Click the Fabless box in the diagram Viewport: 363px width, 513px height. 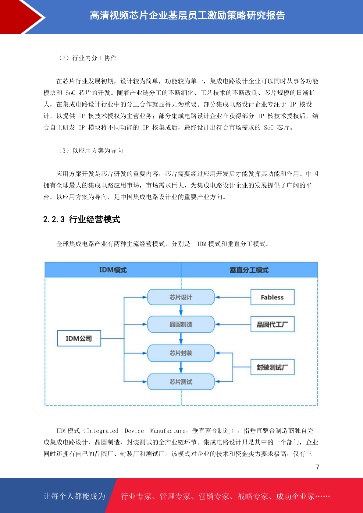click(272, 297)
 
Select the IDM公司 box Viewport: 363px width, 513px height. click(79, 338)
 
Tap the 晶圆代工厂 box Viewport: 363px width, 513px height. click(272, 324)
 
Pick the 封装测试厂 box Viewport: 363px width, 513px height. click(272, 367)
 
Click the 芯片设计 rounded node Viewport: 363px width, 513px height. click(181, 297)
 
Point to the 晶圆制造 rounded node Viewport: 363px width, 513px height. click(181, 324)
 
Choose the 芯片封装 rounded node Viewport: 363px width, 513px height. click(181, 353)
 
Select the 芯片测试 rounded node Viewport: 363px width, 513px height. click(181, 381)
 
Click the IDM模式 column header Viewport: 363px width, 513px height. click(113, 270)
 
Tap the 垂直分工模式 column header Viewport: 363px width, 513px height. click(249, 270)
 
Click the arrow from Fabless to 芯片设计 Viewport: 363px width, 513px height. click(233, 297)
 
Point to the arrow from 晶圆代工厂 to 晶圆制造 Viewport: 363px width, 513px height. click(233, 324)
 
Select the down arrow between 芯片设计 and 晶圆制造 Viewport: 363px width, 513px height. click(181, 310)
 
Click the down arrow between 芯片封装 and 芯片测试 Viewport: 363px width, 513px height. click(181, 368)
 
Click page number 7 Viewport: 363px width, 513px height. click(317, 468)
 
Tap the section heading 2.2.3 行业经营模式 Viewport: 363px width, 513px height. click(82, 219)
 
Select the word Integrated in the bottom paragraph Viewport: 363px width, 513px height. click(102, 431)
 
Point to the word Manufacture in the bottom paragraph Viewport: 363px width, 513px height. click(168, 431)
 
